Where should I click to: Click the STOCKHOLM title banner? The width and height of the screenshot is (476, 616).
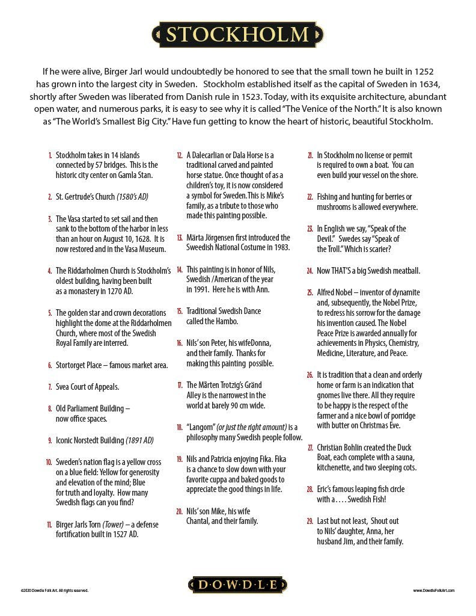click(237, 34)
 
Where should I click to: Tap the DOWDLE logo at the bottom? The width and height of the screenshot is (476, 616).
click(237, 585)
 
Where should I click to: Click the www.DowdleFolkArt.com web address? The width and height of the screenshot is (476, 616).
click(433, 591)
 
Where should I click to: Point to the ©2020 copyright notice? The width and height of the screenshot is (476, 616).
click(54, 591)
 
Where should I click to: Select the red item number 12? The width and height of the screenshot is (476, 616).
click(179, 155)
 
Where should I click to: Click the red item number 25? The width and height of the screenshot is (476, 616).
click(310, 292)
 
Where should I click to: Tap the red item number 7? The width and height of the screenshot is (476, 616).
click(50, 387)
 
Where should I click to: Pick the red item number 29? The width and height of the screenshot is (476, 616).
click(310, 521)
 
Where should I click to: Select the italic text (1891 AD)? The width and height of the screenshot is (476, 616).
click(139, 440)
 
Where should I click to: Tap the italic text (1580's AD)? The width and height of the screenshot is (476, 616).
click(132, 197)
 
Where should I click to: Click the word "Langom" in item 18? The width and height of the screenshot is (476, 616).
click(202, 427)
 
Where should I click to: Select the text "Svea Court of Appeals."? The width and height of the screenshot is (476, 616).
click(87, 387)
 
